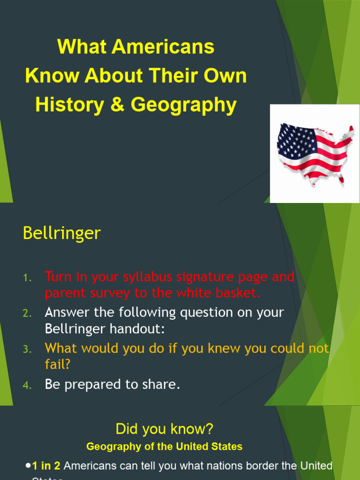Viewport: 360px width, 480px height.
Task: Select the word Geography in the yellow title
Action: (183, 105)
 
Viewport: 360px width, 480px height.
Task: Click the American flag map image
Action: (315, 153)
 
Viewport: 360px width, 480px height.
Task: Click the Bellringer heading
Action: (61, 233)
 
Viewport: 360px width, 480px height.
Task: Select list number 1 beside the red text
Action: (27, 278)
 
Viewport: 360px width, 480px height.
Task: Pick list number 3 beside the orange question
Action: (27, 350)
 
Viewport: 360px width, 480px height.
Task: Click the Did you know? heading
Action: (164, 429)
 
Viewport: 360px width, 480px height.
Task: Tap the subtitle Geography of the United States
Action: (164, 447)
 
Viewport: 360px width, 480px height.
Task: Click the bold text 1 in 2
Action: (46, 466)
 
